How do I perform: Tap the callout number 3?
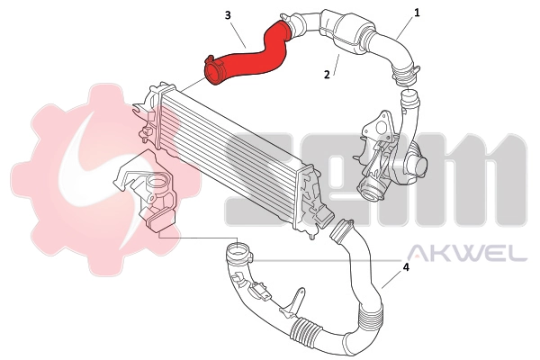click(x=228, y=15)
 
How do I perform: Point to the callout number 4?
click(x=407, y=267)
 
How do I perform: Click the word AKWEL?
click(x=468, y=254)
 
